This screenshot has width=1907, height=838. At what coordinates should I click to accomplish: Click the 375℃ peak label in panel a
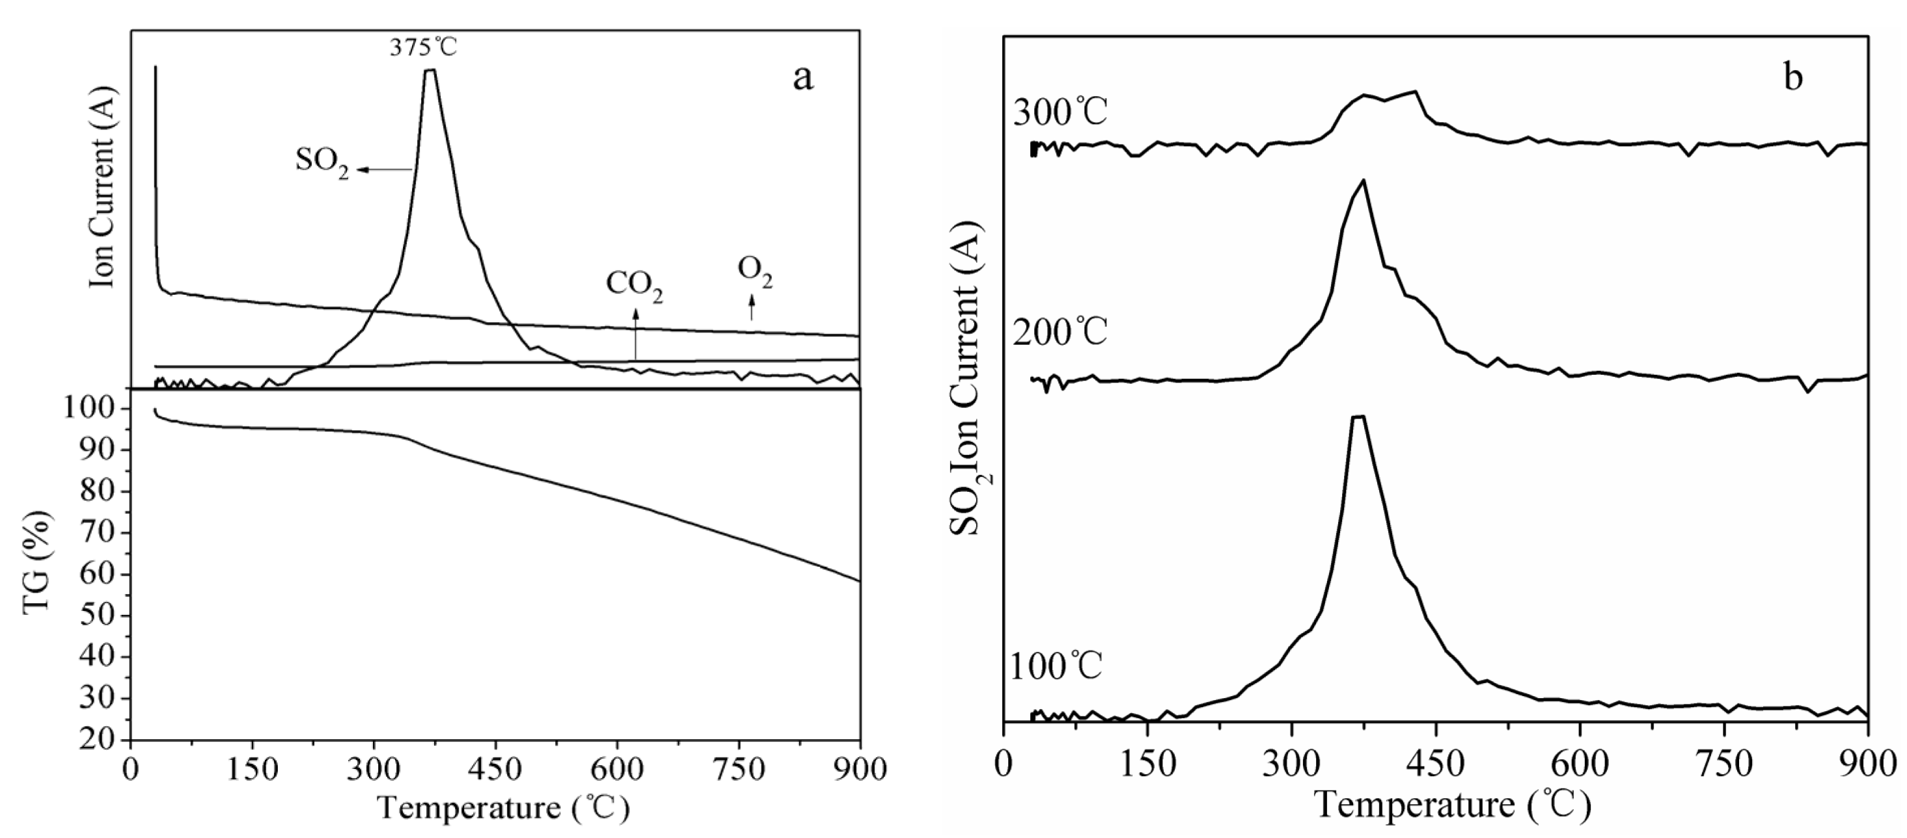click(424, 47)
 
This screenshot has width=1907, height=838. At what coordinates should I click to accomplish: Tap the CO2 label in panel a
click(635, 287)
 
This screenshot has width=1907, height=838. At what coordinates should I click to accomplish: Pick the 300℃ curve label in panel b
click(1060, 113)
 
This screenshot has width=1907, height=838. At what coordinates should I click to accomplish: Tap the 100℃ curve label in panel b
click(1056, 666)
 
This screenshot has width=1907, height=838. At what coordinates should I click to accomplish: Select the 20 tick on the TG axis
click(96, 740)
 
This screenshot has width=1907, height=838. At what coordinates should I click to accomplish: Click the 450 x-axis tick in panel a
click(495, 770)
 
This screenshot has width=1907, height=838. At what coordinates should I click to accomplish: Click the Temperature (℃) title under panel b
click(1453, 805)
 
